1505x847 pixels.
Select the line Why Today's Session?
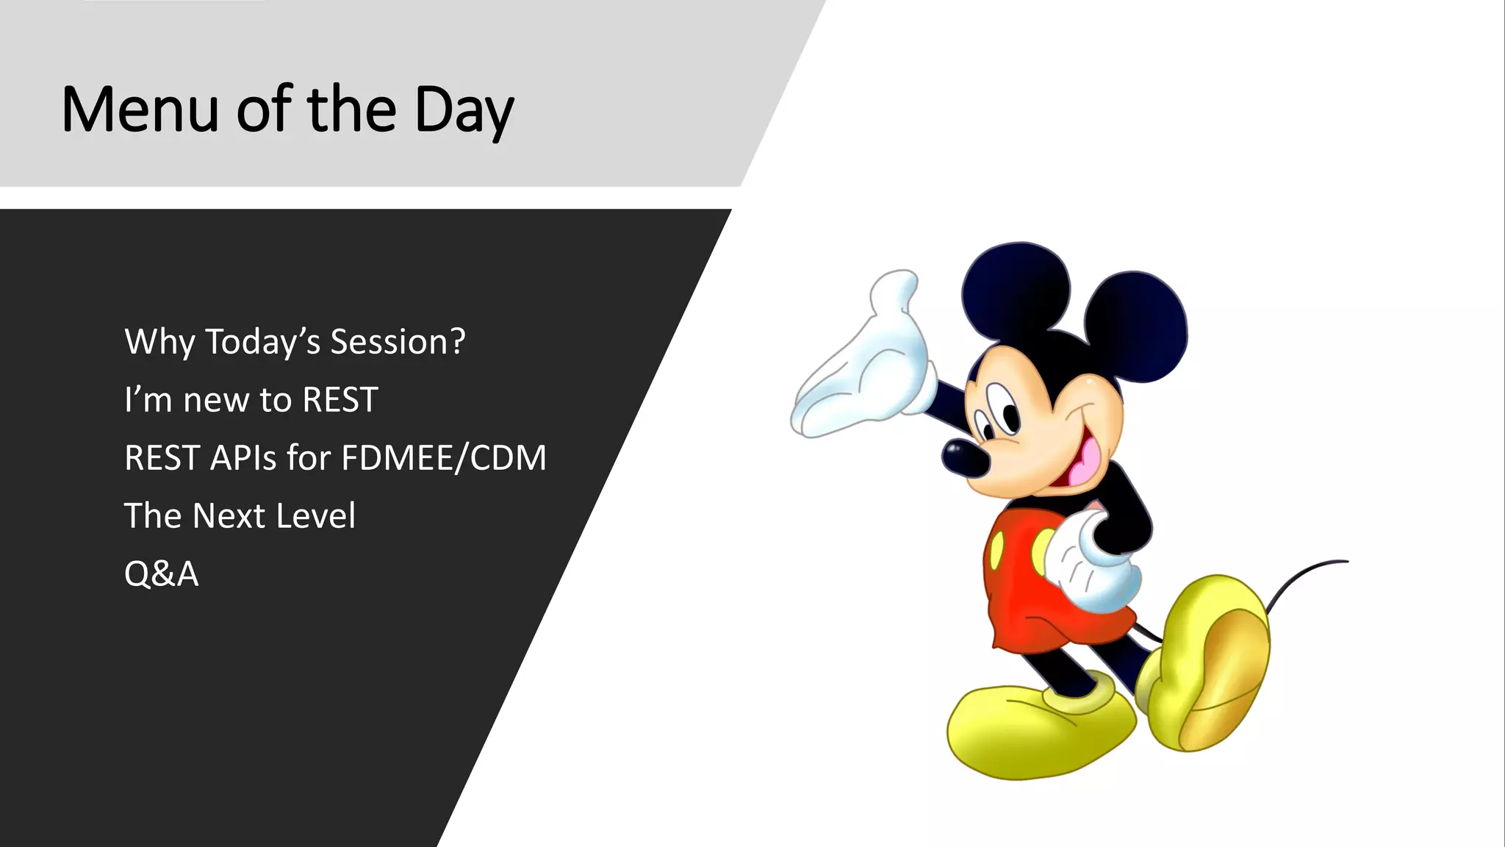[295, 342]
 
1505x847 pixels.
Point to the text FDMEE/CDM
[444, 458]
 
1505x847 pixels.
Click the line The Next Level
[240, 516]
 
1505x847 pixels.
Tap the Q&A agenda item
[161, 574]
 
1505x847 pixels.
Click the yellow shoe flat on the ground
[1036, 732]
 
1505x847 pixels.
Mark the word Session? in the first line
[398, 342]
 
